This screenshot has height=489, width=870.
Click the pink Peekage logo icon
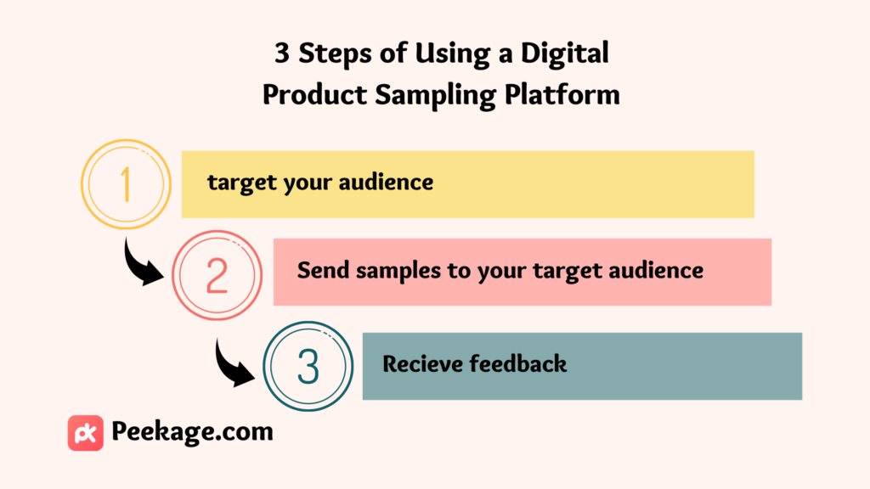86,433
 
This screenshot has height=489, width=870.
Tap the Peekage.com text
193,432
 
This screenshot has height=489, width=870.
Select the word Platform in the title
562,94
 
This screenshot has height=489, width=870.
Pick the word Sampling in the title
435,95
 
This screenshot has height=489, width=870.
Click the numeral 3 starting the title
282,53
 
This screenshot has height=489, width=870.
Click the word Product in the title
314,94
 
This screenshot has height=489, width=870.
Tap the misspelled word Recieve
421,364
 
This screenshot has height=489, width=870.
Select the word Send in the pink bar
324,271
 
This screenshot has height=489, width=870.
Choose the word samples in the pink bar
399,272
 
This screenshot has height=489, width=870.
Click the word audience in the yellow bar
387,182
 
